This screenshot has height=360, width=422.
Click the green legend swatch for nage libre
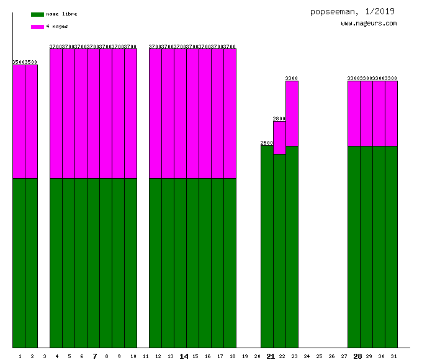pyautogui.click(x=37, y=14)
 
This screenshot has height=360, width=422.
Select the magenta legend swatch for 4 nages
pyautogui.click(x=37, y=27)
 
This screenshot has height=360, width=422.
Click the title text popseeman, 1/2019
pyautogui.click(x=352, y=11)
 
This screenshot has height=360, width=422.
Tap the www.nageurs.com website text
pyautogui.click(x=369, y=24)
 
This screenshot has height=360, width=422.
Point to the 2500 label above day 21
pyautogui.click(x=267, y=143)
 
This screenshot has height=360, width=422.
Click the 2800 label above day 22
pyautogui.click(x=279, y=119)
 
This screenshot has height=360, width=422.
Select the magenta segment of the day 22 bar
pyautogui.click(x=279, y=137)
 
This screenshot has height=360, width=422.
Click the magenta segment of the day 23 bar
pyautogui.click(x=292, y=114)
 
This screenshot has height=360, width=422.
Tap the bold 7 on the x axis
pyautogui.click(x=94, y=356)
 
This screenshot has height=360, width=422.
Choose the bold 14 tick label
pyautogui.click(x=184, y=356)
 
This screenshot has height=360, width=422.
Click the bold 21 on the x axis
pyautogui.click(x=270, y=356)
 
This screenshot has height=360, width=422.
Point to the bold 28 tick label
pyautogui.click(x=357, y=356)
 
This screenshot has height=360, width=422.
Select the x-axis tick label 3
pyautogui.click(x=45, y=356)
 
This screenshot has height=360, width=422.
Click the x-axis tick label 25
pyautogui.click(x=319, y=356)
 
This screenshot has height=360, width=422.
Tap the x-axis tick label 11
pyautogui.click(x=145, y=356)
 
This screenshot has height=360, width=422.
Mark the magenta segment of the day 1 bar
pyautogui.click(x=19, y=122)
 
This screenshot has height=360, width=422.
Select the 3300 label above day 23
pyautogui.click(x=292, y=78)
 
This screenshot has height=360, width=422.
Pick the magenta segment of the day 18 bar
pyautogui.click(x=230, y=114)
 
